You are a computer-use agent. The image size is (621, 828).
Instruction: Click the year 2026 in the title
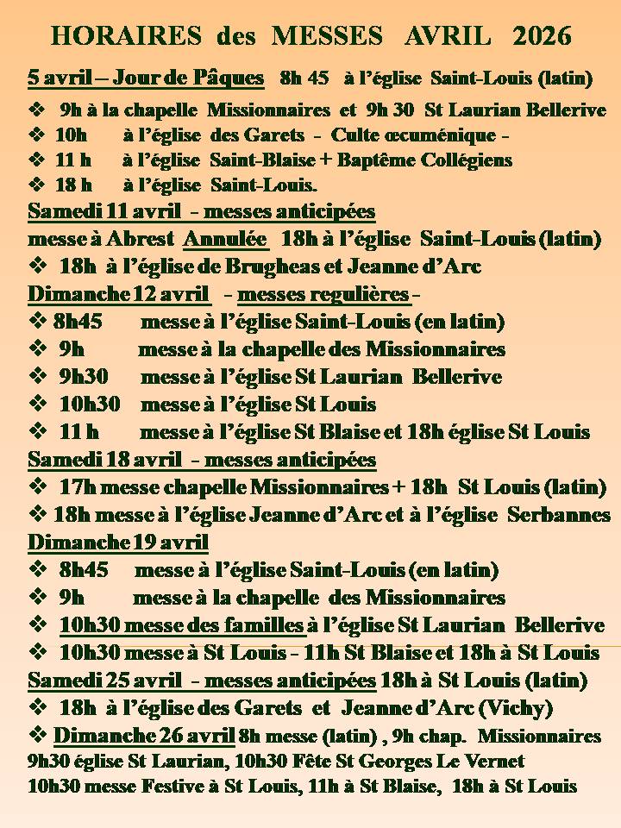542,35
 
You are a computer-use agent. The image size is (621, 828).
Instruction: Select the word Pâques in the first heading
232,78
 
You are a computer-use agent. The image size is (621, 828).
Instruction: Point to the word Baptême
375,160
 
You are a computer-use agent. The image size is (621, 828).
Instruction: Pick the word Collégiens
463,160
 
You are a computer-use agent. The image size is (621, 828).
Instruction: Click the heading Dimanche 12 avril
119,294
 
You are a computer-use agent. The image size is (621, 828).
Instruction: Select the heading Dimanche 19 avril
119,543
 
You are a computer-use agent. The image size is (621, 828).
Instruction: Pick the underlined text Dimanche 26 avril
144,736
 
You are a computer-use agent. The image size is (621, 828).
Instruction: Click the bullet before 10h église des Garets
37,135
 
